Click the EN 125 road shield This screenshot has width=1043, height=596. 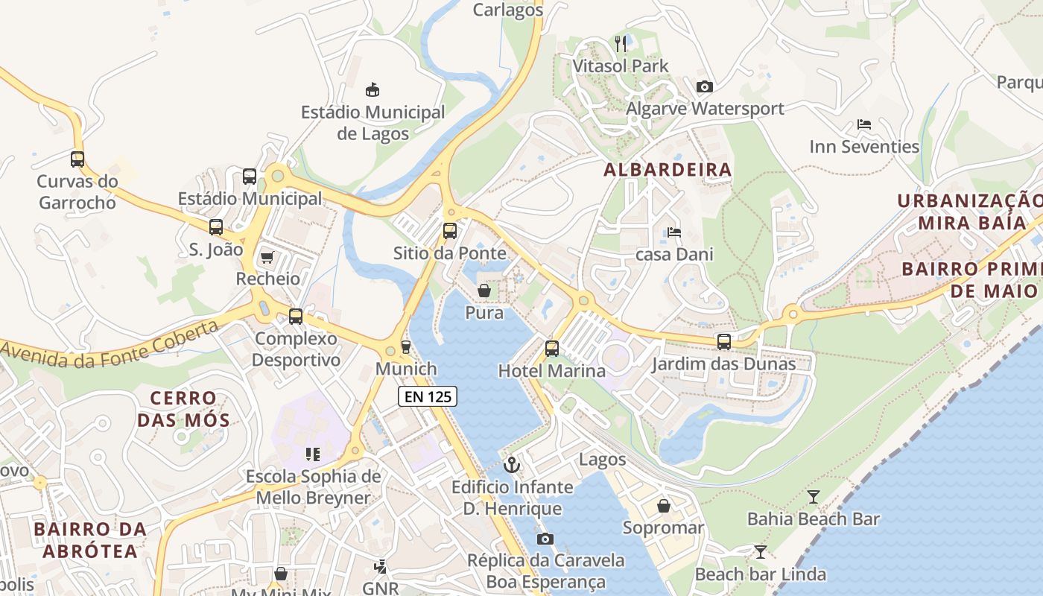[x=428, y=396]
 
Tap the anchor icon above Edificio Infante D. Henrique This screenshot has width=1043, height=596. [x=511, y=466]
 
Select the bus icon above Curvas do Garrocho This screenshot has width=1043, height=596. [x=77, y=159]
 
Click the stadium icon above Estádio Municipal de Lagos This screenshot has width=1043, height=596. [x=372, y=90]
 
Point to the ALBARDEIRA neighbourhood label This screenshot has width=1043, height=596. [x=668, y=170]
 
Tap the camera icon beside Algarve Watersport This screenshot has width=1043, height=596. [x=704, y=87]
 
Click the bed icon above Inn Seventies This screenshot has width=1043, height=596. [x=864, y=124]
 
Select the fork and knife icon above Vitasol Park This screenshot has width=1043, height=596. [x=621, y=44]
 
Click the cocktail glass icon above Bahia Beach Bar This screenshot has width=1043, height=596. [x=814, y=496]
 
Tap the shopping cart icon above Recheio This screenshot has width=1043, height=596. [x=267, y=257]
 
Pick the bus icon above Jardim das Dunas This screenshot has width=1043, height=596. [x=723, y=342]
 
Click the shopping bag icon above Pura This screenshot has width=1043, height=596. [x=484, y=291]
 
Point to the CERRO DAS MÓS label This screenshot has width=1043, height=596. [x=183, y=409]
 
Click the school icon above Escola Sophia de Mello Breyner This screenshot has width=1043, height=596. [x=312, y=454]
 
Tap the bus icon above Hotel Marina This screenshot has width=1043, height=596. [x=551, y=348]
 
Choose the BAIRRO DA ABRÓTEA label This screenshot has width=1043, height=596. [x=89, y=540]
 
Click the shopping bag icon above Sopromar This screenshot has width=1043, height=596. [x=663, y=507]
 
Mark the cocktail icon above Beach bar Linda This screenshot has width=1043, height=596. [x=760, y=551]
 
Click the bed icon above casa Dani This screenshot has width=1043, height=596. [x=674, y=232]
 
